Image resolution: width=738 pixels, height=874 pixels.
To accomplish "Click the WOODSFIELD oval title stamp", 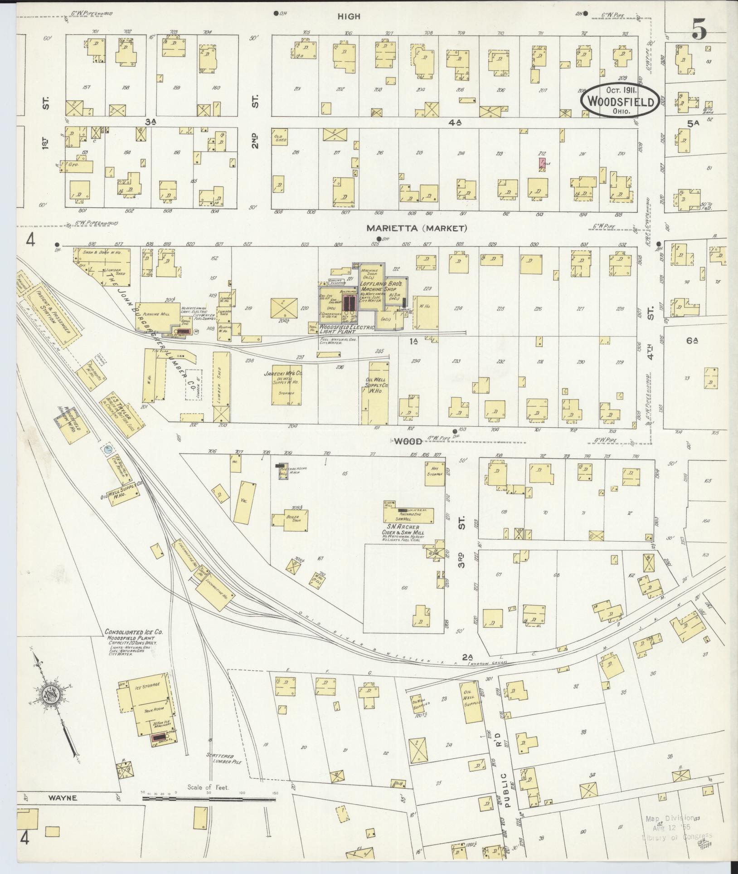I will point(620,102).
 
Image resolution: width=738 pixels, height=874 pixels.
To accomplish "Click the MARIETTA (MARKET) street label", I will point(417,229).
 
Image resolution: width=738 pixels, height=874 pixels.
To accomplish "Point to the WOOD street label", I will point(407,441).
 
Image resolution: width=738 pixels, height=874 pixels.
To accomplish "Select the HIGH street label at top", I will point(349,16).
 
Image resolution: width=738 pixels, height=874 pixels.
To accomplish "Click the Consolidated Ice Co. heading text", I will point(134,632).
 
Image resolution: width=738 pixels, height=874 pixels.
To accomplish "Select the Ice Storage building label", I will point(148,699).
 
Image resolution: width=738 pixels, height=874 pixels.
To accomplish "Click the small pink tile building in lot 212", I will point(542,164).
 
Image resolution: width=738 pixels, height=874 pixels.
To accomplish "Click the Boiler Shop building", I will point(291,519).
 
